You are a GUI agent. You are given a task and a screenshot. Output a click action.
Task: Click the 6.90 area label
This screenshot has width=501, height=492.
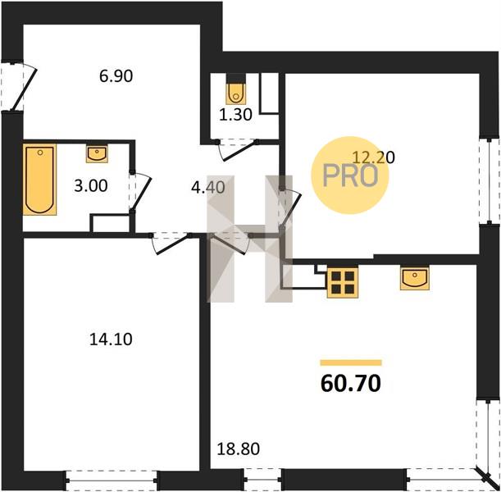pos(116,76)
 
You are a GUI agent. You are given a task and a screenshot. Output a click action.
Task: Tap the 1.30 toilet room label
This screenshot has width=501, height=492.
pos(236,114)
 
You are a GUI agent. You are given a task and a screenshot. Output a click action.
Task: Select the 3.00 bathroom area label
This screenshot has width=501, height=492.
pos(91,186)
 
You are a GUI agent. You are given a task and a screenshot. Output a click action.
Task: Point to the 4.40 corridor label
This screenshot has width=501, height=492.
pos(208,187)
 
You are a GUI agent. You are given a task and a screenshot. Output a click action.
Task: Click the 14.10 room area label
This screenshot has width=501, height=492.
pos(111,339)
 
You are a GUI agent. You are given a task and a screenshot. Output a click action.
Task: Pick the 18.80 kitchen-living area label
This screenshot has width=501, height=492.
pos(239,449)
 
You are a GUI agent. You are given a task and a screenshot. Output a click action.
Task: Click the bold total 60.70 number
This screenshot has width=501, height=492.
pos(350,384)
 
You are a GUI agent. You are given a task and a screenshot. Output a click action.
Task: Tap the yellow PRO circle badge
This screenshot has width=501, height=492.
pos(350,175)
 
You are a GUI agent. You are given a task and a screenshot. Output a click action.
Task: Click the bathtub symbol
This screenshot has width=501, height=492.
pos(39,180)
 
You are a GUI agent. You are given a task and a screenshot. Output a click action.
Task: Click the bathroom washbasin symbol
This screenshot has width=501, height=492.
pos(97,154)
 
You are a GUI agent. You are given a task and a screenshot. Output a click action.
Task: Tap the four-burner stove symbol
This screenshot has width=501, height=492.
pos(343,283)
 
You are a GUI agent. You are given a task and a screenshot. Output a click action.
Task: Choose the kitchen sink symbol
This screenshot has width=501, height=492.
pos(414,278)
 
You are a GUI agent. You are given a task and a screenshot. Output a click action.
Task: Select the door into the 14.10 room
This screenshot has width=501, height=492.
pos(171,244)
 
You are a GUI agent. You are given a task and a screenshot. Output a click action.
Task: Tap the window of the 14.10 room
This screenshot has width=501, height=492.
pos(112,481)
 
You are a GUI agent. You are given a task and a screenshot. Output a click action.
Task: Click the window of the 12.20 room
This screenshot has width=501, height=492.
pos(490,181)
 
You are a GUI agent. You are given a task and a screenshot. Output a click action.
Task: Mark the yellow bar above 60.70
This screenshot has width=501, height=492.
pos(351,362)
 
